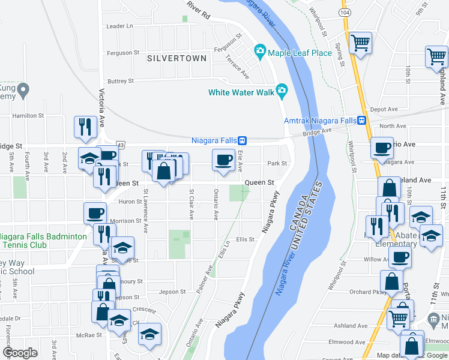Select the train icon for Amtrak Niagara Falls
[x=362, y=119]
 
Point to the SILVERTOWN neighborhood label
[x=176, y=58]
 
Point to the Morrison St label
[x=125, y=221]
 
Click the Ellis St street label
[x=246, y=239]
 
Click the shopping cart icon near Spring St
[x=360, y=42]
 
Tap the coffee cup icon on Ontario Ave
[x=223, y=160]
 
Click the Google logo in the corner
[x=20, y=353]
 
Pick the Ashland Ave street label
[x=350, y=326]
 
